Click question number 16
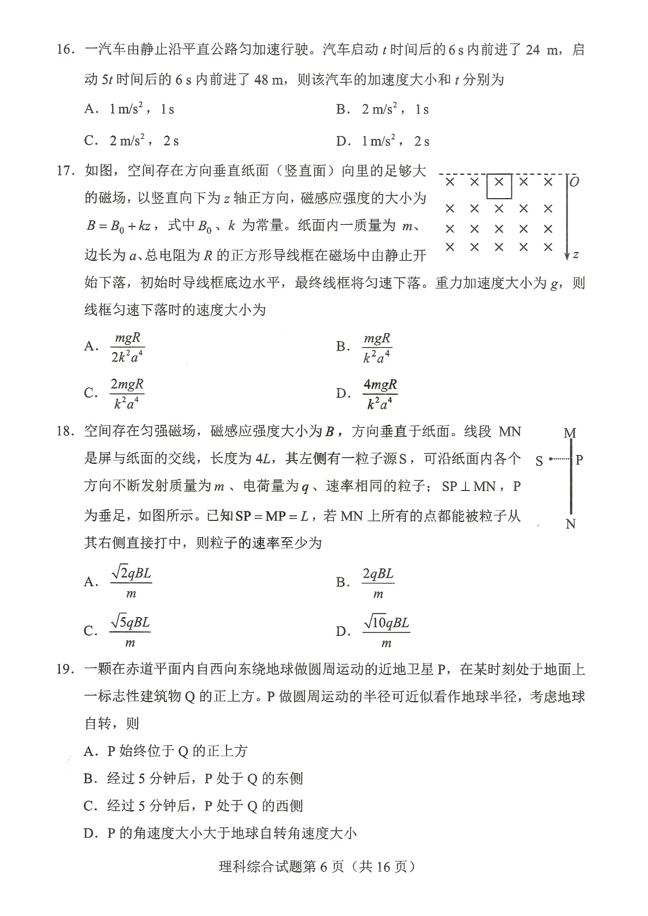coord(65,50)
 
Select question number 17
coord(65,171)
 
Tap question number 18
coord(65,432)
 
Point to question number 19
coord(65,669)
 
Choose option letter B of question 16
coord(341,109)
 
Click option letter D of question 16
coord(342,142)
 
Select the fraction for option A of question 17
coord(127,347)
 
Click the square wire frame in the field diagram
coord(499,186)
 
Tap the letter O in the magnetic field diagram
coord(574,182)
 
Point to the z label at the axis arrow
coord(576,254)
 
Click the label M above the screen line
coord(570,433)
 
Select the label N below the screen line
coord(571,524)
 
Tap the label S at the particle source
coord(539,461)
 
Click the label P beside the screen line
coord(579,460)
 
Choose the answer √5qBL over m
coord(130,631)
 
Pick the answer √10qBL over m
coord(386,631)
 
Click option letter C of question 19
coord(90,806)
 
